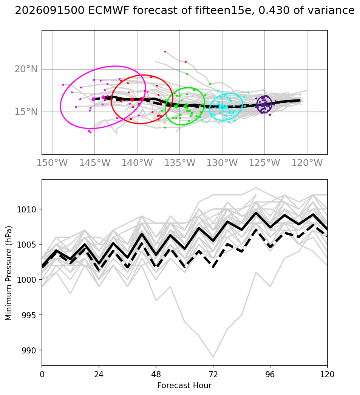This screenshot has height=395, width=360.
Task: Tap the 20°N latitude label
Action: click(x=26, y=69)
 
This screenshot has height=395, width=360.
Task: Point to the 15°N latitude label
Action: click(x=26, y=112)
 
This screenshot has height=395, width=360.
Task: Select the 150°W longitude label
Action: click(x=52, y=163)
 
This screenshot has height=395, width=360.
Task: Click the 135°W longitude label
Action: click(x=180, y=163)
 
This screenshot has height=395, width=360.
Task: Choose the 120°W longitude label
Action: click(x=307, y=163)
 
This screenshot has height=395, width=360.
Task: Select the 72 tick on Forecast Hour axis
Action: click(x=213, y=375)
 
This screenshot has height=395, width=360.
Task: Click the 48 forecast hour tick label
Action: click(x=156, y=375)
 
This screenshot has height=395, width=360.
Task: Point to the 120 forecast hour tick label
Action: click(x=327, y=375)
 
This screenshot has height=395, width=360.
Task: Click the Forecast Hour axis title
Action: click(x=184, y=386)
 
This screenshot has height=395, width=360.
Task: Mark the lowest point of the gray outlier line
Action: click(x=213, y=357)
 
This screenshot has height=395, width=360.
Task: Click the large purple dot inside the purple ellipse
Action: click(x=263, y=105)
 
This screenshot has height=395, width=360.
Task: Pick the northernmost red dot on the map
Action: click(x=185, y=62)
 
